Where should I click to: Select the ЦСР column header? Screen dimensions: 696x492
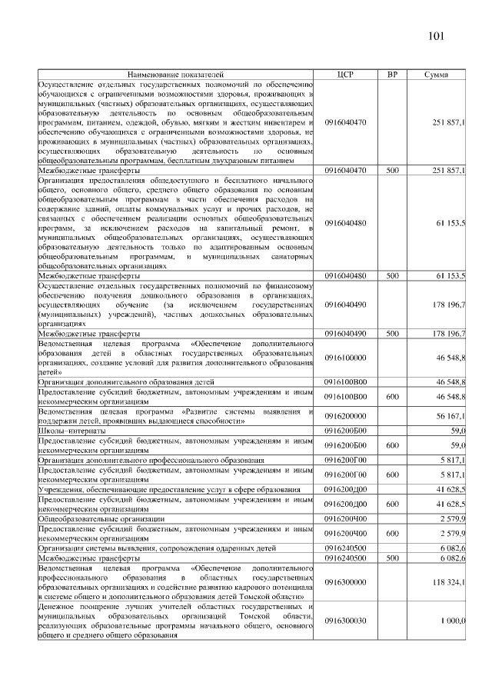tap(345, 75)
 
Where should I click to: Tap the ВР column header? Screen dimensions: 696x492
tap(393, 75)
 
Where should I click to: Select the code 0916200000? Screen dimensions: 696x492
tap(346, 416)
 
